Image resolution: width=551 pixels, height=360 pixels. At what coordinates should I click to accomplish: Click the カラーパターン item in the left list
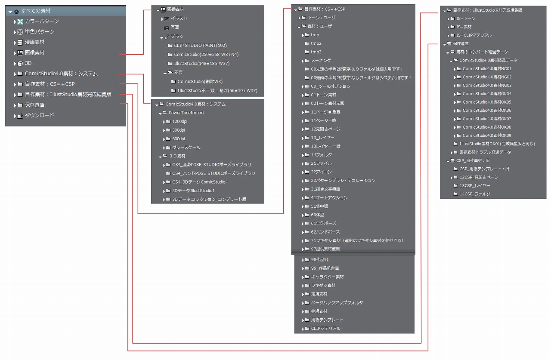tap(41, 22)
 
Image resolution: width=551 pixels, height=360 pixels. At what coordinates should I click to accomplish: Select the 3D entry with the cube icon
tap(28, 63)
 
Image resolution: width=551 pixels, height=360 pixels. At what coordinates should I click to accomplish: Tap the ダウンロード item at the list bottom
tap(39, 115)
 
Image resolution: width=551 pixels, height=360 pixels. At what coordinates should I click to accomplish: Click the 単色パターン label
tap(39, 32)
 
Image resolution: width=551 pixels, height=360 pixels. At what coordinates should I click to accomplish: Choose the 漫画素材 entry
tap(34, 42)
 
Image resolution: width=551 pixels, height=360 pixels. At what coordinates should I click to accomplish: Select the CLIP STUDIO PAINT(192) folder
tap(200, 45)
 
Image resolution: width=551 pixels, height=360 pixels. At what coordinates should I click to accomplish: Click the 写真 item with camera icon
tap(175, 28)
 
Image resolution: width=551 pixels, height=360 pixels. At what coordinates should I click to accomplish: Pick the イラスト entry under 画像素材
tap(179, 19)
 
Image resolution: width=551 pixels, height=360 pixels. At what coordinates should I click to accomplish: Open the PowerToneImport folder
tap(186, 113)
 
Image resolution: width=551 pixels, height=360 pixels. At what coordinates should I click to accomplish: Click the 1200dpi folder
tap(180, 122)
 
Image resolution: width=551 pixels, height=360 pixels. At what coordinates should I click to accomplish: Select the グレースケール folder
tap(186, 148)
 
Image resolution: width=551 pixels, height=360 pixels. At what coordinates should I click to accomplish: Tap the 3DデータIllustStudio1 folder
tap(193, 191)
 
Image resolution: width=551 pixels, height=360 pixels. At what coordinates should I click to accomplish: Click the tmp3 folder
tap(316, 52)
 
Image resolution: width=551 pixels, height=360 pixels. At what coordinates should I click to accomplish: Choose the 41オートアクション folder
tap(329, 198)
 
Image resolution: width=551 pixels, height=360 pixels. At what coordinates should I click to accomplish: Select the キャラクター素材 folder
tap(327, 277)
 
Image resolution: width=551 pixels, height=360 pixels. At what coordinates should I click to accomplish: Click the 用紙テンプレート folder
tap(327, 320)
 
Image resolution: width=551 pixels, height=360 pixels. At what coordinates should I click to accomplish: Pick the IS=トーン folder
tap(466, 18)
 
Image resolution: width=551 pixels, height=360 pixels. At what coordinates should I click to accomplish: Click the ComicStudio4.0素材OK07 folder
tap(487, 119)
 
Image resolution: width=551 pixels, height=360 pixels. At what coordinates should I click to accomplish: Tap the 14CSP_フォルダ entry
tap(474, 194)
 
